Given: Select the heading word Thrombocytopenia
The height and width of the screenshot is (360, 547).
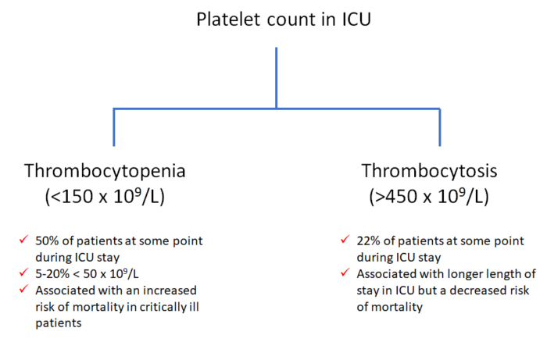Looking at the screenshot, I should [116, 170].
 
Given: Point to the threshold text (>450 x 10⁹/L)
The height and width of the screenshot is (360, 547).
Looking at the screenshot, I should [430, 197].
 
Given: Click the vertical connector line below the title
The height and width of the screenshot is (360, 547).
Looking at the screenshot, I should [276, 78].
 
